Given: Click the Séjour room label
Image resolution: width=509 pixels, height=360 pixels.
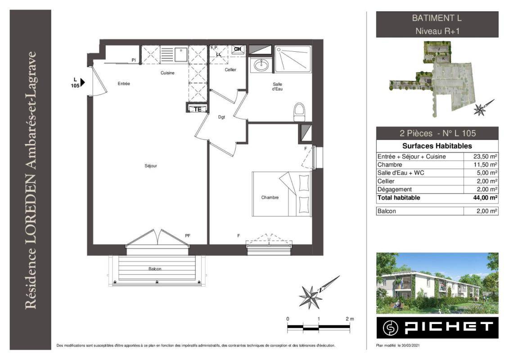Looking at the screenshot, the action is (x=151, y=166).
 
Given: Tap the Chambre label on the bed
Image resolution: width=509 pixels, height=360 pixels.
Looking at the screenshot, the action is (x=270, y=198).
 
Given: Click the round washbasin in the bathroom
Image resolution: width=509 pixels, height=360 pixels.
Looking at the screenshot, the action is (x=261, y=65).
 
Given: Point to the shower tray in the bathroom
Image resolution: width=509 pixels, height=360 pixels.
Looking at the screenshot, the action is (x=293, y=59).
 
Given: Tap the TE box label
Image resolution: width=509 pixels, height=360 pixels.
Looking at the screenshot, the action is (x=198, y=109).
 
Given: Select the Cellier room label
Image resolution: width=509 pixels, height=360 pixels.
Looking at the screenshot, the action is (x=230, y=70).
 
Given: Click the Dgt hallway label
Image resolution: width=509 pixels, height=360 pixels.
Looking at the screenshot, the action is (x=221, y=117).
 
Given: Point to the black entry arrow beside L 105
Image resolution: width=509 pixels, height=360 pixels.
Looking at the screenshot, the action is (x=82, y=82).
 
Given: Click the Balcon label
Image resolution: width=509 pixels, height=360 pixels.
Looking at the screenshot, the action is (x=155, y=269).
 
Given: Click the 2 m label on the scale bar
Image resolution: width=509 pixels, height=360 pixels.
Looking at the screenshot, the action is (x=350, y=319).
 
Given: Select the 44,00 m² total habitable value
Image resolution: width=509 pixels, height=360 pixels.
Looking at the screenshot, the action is (x=485, y=198).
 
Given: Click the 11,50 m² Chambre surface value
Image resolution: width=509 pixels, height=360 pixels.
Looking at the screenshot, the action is (x=485, y=165).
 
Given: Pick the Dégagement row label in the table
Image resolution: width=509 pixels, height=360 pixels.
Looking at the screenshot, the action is (x=394, y=189).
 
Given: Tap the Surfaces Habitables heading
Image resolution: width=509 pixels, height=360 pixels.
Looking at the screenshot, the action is (x=437, y=146).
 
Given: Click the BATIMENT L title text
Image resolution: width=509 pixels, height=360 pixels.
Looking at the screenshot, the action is (x=437, y=18).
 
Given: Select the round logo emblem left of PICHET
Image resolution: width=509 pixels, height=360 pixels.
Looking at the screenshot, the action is (x=390, y=328).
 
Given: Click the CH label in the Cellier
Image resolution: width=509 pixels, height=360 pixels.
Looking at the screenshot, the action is (x=238, y=49).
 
